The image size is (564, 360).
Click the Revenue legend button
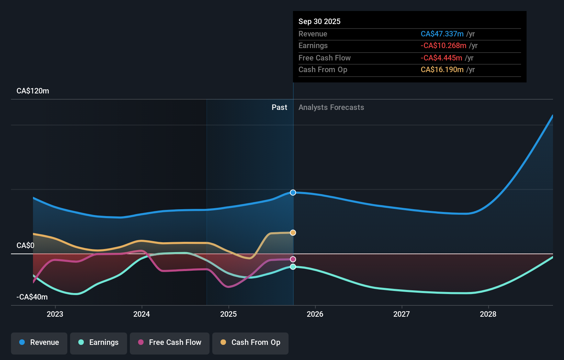pos(39,343)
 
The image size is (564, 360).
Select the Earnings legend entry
pos(99,343)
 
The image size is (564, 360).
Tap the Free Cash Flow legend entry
pos(170,343)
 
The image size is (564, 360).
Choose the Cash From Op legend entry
pos(250,343)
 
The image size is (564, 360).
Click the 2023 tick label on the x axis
pos(55,314)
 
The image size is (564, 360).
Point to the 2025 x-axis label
pos(228,314)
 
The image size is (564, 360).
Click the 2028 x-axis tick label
pos(488,314)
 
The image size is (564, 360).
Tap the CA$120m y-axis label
pos(33,91)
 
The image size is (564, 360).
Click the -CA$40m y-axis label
pos(32,297)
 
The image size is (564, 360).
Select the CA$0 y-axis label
pos(25,246)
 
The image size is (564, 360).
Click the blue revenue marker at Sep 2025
pos(293,193)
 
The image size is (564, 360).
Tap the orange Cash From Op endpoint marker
pos(293,233)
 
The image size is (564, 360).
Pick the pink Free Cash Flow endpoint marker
pos(293,259)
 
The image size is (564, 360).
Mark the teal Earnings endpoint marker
pos(293,267)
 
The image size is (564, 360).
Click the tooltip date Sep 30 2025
pos(319,22)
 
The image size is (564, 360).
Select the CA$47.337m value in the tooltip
pos(442,34)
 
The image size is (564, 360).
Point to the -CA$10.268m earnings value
pos(443,46)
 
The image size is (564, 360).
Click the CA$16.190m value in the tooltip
pos(442,70)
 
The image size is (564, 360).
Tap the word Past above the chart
pos(279,108)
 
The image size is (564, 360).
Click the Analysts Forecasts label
pos(331,108)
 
